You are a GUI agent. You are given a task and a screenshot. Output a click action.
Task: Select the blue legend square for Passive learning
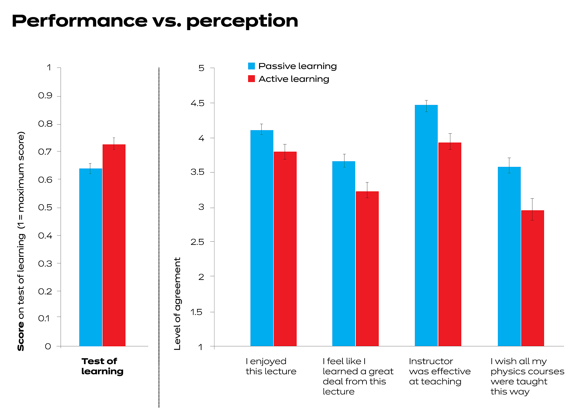click(251, 66)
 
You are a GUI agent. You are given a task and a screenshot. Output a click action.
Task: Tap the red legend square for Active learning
click(251, 79)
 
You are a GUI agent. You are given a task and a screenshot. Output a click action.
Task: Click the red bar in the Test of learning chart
click(114, 244)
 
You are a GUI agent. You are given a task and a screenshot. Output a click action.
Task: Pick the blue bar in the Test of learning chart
click(90, 257)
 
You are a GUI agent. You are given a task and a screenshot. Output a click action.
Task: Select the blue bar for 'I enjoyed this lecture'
click(262, 238)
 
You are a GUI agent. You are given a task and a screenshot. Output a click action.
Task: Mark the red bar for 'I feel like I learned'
click(367, 268)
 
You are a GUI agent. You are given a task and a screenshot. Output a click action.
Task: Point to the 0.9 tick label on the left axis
click(45, 96)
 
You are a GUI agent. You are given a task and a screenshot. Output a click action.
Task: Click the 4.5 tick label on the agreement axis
click(197, 103)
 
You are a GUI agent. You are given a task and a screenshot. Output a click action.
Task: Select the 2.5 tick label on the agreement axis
click(197, 242)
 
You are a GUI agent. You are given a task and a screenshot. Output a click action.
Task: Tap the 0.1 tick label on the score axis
click(44, 318)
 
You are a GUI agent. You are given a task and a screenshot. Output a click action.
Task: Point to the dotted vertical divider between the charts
click(159, 236)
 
